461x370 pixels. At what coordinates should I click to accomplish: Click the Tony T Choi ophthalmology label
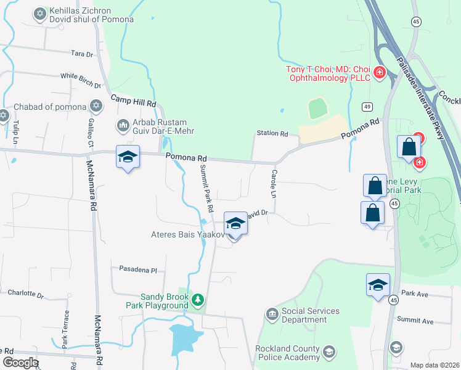point(328,73)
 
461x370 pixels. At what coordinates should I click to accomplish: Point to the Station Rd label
point(272,134)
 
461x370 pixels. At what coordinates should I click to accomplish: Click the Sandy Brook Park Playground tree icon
point(197,300)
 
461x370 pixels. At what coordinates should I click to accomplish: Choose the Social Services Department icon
point(272,314)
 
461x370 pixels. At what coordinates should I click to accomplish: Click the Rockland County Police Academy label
point(288,353)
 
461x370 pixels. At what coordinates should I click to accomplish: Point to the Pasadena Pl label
point(139,270)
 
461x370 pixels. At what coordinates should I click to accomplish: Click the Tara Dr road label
point(81,54)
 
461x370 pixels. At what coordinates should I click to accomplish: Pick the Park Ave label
point(414,293)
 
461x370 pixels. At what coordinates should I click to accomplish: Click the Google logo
point(20,363)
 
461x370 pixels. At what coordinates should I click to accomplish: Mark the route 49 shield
point(367,107)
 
